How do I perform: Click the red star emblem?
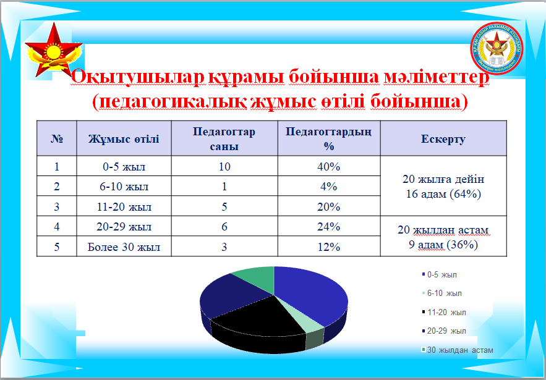53,52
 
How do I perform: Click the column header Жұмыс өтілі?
124,139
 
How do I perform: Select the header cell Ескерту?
443,139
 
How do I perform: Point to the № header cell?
56,139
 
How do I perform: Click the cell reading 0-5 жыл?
124,167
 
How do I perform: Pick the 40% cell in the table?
328,167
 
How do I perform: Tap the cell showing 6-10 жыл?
124,187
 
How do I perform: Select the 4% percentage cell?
328,187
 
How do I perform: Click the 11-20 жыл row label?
124,207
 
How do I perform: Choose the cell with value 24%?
328,227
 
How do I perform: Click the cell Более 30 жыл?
124,247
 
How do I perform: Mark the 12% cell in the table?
328,247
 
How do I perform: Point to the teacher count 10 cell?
224,167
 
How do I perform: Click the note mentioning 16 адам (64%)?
443,187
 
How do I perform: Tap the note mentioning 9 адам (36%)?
443,237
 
